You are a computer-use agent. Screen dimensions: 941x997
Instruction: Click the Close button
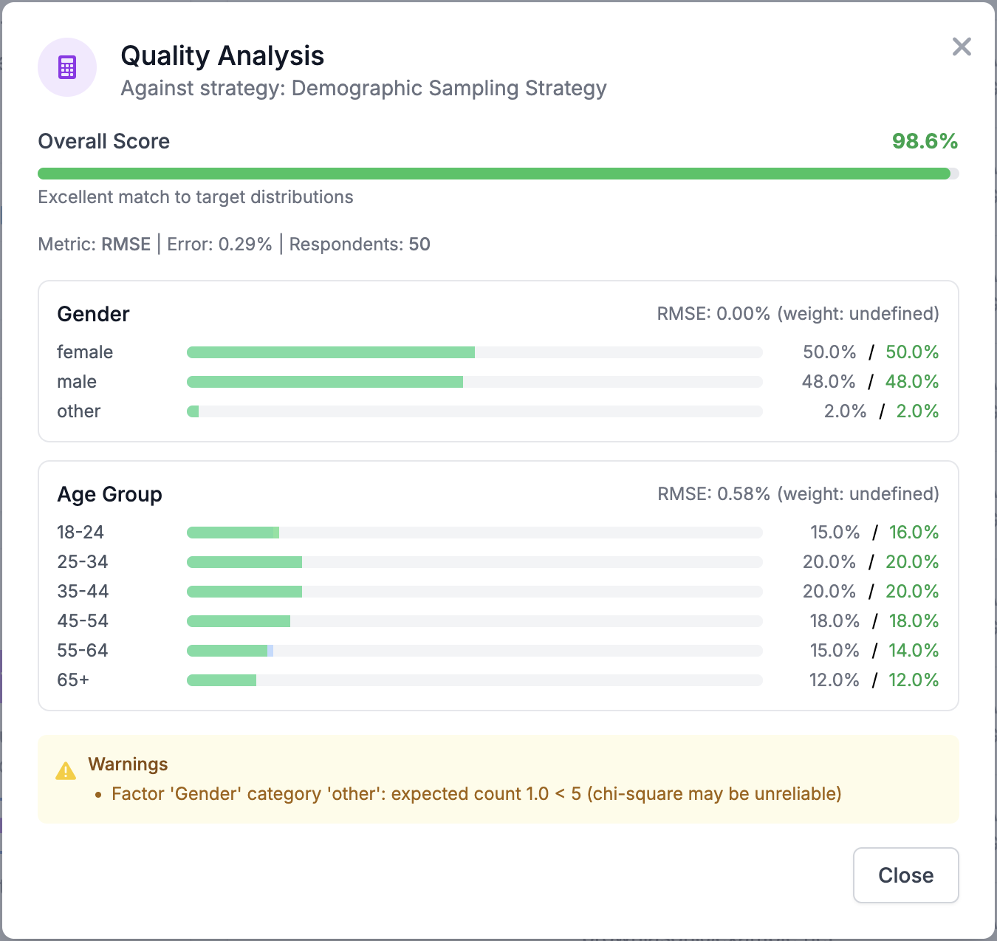(905, 875)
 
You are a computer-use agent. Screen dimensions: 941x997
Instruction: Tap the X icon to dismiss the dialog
(962, 47)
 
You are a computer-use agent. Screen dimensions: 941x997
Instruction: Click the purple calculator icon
(67, 67)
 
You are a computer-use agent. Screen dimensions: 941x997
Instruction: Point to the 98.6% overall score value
(925, 141)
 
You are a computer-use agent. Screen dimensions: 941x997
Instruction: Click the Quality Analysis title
(222, 56)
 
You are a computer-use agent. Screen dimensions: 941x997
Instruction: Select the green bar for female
(331, 352)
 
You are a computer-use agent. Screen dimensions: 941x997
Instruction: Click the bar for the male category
(325, 382)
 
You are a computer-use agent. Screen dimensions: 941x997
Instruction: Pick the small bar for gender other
(193, 411)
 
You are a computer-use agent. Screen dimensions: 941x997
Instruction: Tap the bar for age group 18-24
(233, 533)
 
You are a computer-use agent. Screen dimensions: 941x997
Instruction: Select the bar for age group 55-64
(230, 651)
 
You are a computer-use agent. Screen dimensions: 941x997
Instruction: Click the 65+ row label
(73, 680)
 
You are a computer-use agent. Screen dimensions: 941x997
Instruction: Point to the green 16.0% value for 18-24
(914, 533)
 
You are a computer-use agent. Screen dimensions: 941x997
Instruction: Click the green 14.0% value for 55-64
(914, 651)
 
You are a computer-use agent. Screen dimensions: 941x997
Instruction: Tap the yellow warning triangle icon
(66, 771)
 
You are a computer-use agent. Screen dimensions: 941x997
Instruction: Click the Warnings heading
(128, 764)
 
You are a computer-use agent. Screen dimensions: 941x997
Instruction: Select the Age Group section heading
(109, 494)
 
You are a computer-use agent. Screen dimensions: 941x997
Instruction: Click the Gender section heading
(93, 314)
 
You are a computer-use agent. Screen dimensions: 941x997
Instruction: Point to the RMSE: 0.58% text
(713, 494)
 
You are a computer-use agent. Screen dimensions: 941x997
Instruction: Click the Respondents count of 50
(419, 244)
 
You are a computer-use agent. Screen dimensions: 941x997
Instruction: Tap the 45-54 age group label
(83, 621)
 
